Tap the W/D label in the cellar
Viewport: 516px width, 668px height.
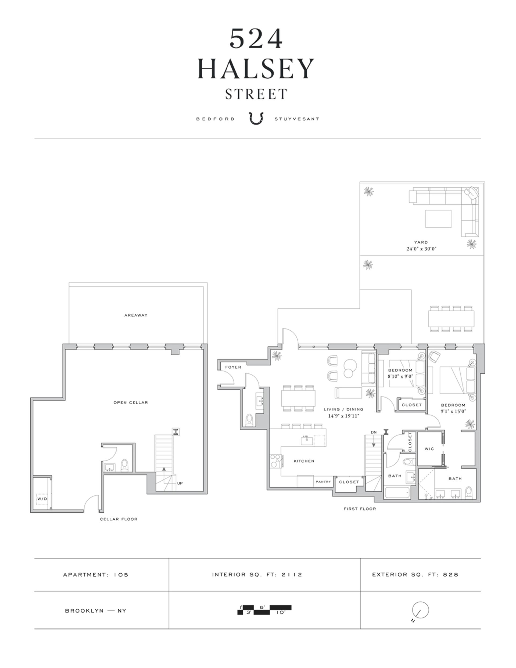42,499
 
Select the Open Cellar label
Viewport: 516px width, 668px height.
131,402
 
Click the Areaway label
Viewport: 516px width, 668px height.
136,315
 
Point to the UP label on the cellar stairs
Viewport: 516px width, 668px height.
180,483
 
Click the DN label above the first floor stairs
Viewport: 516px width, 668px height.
374,432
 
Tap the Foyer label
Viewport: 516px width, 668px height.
233,367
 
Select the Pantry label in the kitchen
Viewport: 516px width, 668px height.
323,482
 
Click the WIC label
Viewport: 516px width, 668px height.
429,449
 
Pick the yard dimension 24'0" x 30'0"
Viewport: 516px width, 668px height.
421,249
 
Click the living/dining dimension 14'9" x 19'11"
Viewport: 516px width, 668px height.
343,416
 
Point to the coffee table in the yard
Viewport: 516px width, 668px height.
438,219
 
